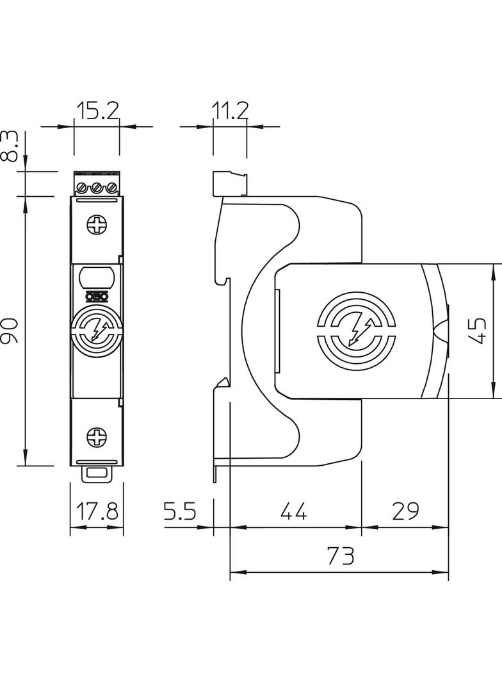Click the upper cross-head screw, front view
pos(97,226)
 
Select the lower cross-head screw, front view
pos(97,438)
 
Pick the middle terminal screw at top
pos(97,188)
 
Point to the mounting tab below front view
pos(97,473)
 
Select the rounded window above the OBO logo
pos(97,278)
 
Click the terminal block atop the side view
pos(229,184)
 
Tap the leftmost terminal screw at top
pos(83,188)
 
